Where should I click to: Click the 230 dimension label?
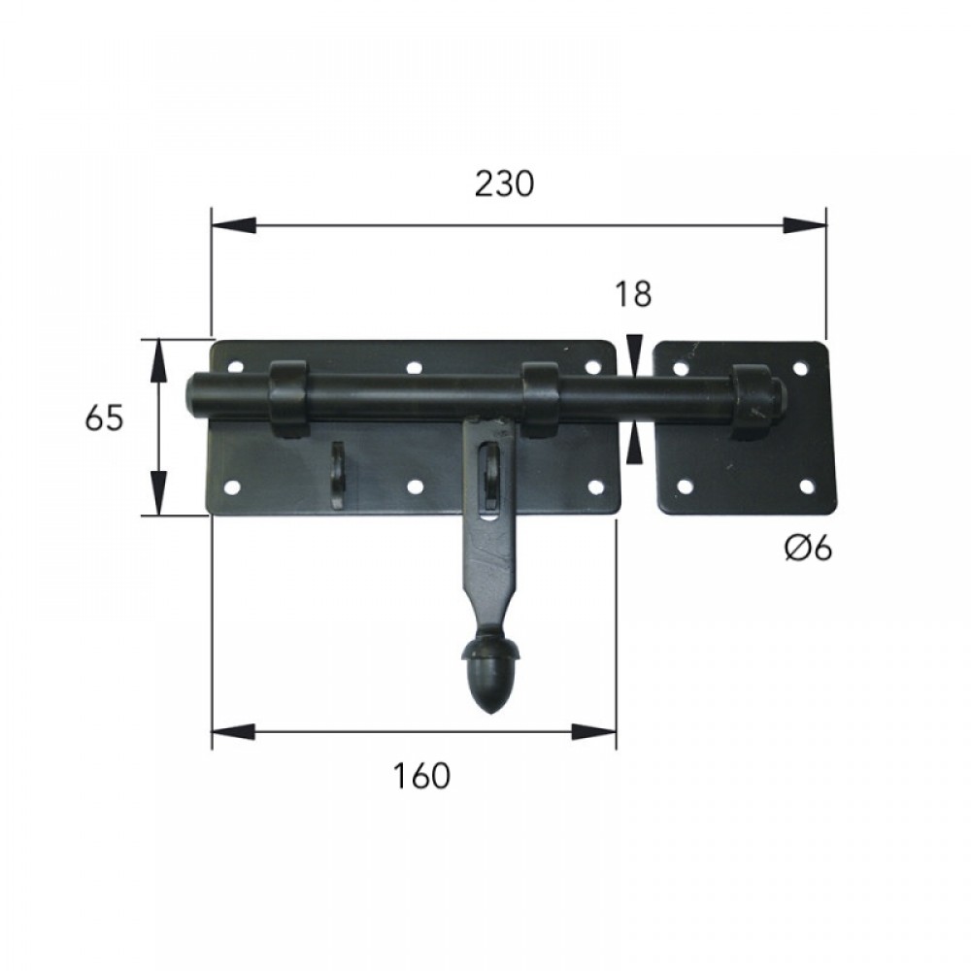click(504, 184)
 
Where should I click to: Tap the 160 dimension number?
click(421, 776)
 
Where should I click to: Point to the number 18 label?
click(633, 294)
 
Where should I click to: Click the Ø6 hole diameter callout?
click(808, 548)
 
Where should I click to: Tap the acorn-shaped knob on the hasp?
click(491, 675)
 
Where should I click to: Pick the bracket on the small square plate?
click(753, 401)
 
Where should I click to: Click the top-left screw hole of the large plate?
click(235, 367)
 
